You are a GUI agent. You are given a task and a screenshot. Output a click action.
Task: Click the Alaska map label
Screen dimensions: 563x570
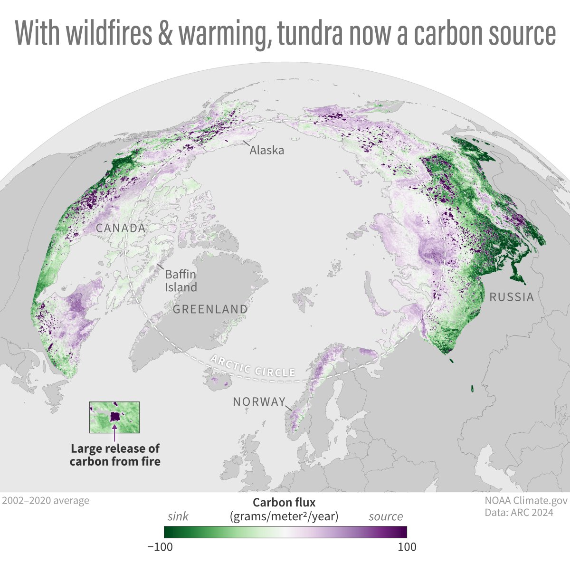click(267, 151)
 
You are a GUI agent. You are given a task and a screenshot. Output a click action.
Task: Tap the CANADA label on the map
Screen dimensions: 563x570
click(121, 228)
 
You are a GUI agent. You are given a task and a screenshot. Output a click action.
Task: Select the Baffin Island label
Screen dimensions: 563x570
click(180, 281)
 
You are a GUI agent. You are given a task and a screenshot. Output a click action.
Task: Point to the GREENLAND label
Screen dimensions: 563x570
click(210, 310)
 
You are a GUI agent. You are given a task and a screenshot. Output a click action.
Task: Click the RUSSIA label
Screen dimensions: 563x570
click(512, 297)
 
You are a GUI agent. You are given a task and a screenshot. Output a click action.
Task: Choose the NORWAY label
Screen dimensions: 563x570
click(259, 402)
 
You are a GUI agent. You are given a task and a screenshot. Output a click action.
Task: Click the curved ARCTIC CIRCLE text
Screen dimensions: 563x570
click(254, 366)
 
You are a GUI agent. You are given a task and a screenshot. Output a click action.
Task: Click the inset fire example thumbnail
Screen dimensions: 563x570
click(114, 417)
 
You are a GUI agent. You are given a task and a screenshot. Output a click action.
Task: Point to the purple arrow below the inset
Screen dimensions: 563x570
click(114, 434)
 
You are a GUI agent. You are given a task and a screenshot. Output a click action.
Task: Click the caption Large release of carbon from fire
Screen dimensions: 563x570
click(115, 455)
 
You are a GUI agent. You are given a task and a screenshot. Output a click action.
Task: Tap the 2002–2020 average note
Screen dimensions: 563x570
click(45, 500)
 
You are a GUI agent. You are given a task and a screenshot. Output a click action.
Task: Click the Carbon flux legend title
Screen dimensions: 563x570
click(284, 503)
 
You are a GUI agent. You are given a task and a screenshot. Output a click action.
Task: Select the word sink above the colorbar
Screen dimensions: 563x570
click(178, 516)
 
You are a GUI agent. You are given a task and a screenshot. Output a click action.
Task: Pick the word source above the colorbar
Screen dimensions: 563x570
click(386, 516)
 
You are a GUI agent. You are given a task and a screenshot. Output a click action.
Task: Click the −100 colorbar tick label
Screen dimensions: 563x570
click(160, 547)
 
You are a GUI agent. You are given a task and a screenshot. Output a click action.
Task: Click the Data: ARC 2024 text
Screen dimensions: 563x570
click(519, 513)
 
